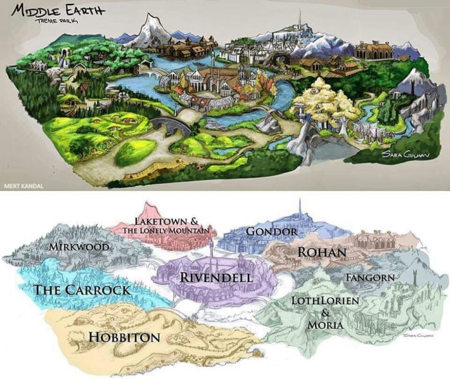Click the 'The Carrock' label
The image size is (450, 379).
click(x=81, y=290)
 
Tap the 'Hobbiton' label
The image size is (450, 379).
click(x=124, y=337)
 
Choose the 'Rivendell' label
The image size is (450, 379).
click(x=215, y=277)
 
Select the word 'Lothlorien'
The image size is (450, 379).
click(x=325, y=300)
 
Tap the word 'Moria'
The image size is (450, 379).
click(x=325, y=326)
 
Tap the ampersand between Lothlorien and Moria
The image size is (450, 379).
click(x=325, y=313)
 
